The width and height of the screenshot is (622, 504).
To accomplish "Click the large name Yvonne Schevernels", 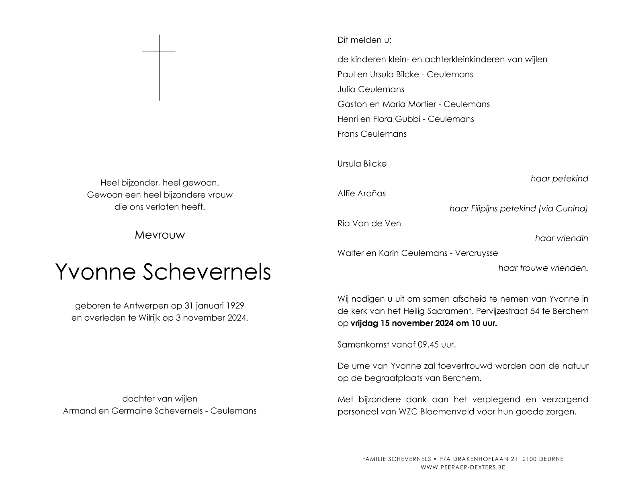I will point(163,272).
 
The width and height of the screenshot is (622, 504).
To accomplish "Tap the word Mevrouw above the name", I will point(160,235).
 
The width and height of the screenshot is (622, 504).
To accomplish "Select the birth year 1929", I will point(235,306).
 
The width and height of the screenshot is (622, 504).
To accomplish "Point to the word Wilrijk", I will point(149,318).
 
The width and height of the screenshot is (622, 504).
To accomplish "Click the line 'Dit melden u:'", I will point(364,40).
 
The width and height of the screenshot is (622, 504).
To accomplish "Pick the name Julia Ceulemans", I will point(370,89).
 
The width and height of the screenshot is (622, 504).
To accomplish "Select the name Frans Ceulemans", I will point(372,134).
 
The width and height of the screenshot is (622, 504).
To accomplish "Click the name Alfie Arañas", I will point(361,193).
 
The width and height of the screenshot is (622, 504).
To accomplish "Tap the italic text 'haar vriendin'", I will point(561,238).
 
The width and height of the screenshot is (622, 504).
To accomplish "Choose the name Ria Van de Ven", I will point(369,223).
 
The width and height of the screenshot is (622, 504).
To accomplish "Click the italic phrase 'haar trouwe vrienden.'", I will point(543,268).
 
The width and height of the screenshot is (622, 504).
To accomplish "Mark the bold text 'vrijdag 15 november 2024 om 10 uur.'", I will point(424,323).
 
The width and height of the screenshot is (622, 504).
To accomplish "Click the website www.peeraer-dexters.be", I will point(462,467).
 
